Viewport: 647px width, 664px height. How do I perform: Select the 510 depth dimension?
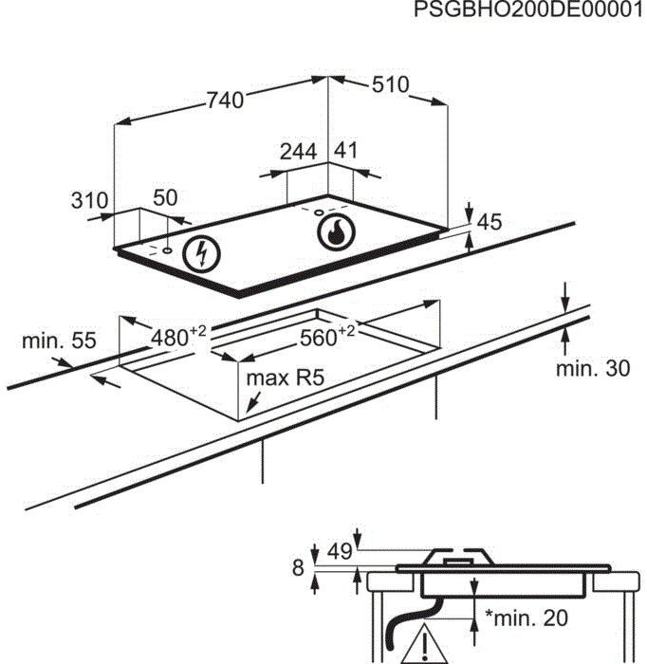tap(389, 85)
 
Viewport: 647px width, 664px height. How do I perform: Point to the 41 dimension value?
tap(346, 151)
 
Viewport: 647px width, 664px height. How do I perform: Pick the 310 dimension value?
tap(89, 200)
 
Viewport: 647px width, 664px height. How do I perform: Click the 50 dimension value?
tap(165, 197)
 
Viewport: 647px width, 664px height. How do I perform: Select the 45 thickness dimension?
tap(489, 223)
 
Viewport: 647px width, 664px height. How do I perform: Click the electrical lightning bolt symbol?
tap(200, 252)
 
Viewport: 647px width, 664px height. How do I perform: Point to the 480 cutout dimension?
tap(178, 336)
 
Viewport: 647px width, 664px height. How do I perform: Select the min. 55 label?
tap(59, 341)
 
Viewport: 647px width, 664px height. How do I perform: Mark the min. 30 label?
tap(593, 369)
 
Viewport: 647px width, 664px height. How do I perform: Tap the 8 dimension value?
tap(298, 568)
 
